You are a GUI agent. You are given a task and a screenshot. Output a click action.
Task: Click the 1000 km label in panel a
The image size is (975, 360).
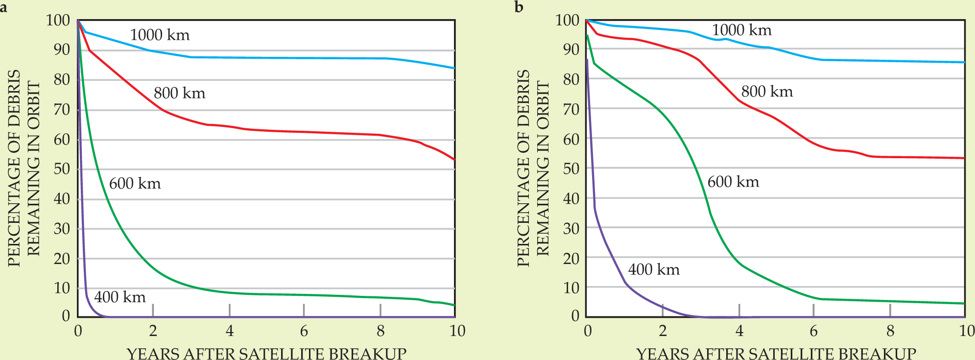(x=160, y=35)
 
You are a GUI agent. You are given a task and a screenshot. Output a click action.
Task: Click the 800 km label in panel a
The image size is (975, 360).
(x=179, y=93)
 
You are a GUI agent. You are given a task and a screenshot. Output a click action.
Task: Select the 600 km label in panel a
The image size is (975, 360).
(x=135, y=184)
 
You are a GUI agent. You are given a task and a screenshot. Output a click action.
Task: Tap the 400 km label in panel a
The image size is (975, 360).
(x=119, y=297)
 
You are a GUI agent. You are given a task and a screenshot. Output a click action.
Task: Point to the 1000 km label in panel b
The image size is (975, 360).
(x=741, y=30)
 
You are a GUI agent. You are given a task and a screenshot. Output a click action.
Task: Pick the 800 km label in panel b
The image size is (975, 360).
(x=767, y=92)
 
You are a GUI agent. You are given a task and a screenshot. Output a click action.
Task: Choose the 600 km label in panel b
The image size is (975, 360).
(x=733, y=182)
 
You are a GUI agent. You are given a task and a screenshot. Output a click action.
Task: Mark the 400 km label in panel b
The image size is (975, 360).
(x=654, y=270)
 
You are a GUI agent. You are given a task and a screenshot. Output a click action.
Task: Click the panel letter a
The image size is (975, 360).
(x=3, y=7)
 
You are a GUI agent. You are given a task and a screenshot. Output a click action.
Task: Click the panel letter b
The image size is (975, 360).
(x=519, y=7)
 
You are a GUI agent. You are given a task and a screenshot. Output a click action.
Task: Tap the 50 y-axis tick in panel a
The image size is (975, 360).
(x=62, y=169)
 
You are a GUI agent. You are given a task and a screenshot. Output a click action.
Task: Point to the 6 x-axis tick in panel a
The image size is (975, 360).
(x=304, y=331)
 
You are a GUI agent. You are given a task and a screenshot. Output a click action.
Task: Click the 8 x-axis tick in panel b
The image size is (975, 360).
(x=890, y=331)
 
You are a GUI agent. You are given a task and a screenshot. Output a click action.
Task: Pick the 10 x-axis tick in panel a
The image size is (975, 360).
(x=457, y=331)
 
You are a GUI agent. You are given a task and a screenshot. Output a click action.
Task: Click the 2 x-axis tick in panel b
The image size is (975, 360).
(x=663, y=331)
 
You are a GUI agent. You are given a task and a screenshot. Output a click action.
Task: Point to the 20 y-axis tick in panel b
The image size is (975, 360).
(x=571, y=258)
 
